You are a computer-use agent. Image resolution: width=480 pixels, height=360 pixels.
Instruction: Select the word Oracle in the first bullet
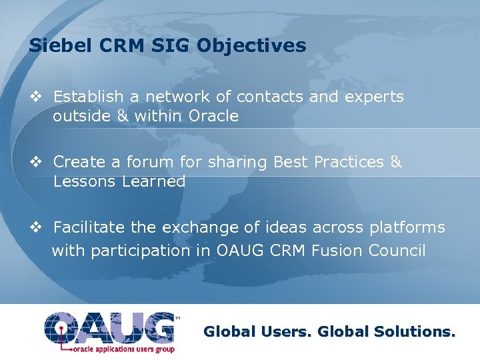coord(213,116)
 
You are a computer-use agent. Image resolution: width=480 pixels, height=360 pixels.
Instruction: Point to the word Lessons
coord(84,181)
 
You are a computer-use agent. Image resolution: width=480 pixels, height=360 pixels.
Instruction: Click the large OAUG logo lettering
coord(109,327)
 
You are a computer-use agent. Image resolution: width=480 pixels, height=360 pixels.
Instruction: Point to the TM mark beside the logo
coord(177,319)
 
